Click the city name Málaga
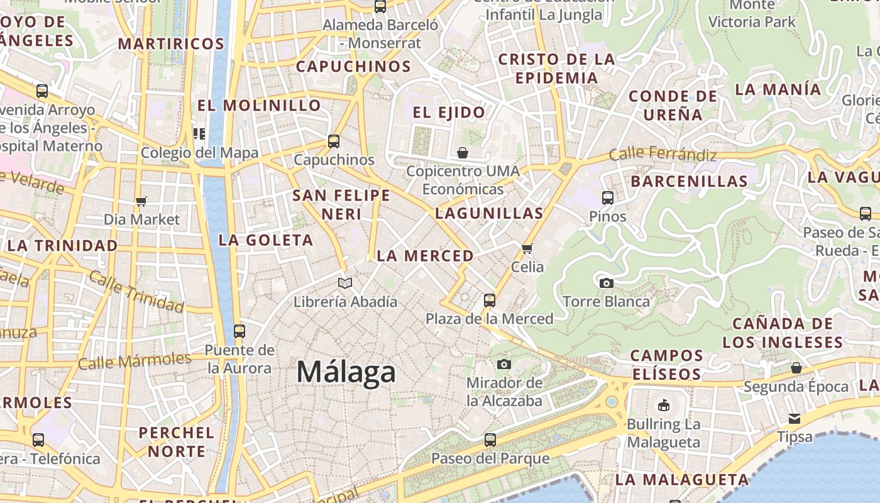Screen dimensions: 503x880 click(346, 372)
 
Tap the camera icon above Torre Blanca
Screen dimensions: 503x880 click(607, 283)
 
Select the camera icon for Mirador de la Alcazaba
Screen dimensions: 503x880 click(503, 364)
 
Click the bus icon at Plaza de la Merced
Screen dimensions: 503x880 click(490, 301)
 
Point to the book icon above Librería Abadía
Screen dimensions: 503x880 click(345, 283)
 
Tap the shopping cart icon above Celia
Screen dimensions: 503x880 click(527, 248)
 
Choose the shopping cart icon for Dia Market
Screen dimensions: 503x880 click(141, 201)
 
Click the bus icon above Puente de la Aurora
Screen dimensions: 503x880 click(239, 331)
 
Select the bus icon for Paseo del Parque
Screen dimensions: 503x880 click(490, 440)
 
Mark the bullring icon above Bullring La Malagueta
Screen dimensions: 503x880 click(663, 406)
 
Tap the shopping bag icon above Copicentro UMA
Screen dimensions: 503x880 click(463, 153)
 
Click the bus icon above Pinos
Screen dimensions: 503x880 click(607, 198)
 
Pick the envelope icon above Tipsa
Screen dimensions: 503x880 click(795, 418)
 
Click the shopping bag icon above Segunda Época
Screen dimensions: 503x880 click(796, 368)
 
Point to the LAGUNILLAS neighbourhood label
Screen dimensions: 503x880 click(489, 213)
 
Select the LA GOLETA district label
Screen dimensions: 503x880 click(265, 240)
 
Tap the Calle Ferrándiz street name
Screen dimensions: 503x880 click(663, 153)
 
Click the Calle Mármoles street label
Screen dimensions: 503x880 click(135, 361)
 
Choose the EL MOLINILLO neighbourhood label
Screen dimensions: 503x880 click(259, 105)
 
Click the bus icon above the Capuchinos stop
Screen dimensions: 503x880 click(334, 141)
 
